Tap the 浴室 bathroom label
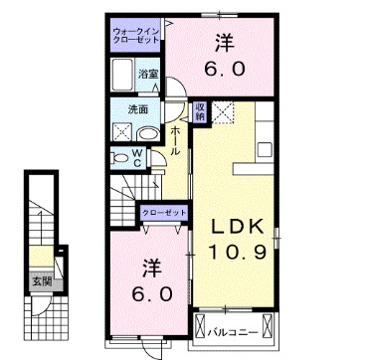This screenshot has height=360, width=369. point(148,75)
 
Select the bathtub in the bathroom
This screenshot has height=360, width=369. point(122,75)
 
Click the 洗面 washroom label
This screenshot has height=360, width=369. point(138,108)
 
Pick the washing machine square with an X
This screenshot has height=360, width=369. point(123,132)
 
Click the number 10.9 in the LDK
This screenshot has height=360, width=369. point(238,253)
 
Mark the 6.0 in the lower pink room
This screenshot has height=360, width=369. point(150,295)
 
